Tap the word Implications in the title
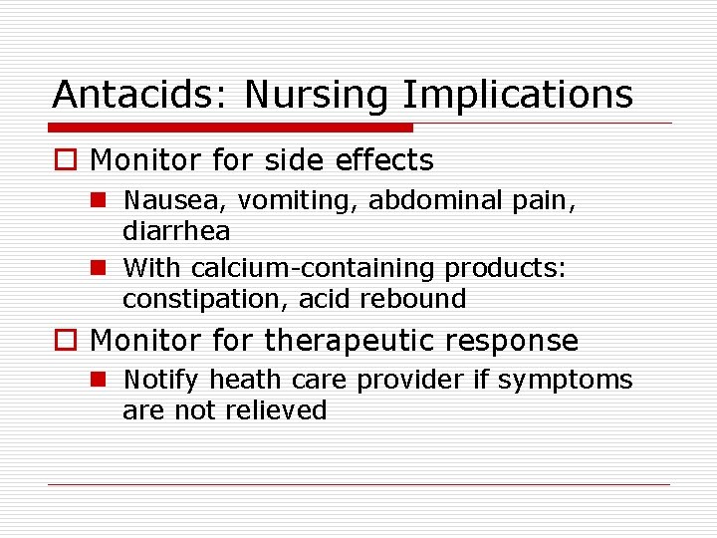point(517,95)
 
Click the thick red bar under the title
point(231,128)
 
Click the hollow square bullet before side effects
point(67,160)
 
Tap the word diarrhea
point(176,231)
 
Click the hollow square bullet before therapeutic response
point(67,341)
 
